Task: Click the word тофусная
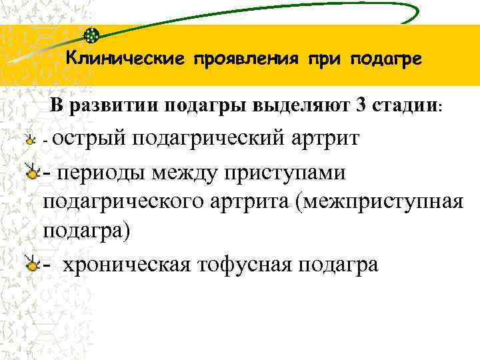(244, 264)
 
